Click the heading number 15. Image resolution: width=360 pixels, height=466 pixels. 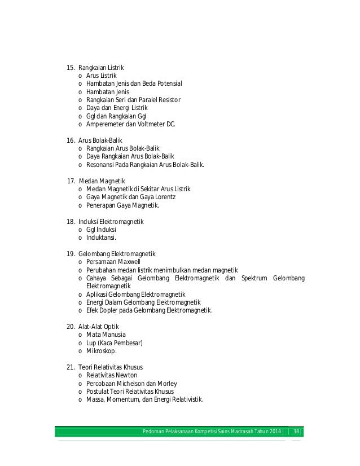(71, 68)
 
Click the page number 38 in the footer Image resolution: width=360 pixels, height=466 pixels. (296, 432)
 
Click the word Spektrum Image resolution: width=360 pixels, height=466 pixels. (254, 278)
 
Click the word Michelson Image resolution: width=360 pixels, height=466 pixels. (136, 384)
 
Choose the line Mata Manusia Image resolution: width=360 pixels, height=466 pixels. (106, 335)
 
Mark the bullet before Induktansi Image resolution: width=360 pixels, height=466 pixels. (81, 238)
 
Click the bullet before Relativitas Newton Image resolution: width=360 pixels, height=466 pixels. (81, 375)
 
